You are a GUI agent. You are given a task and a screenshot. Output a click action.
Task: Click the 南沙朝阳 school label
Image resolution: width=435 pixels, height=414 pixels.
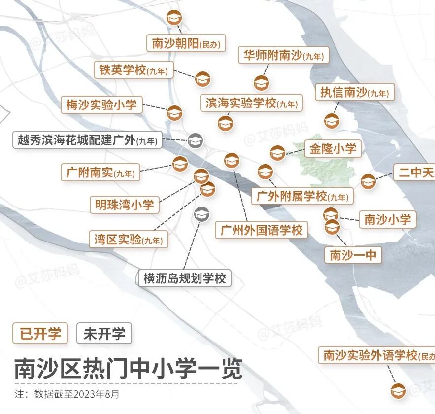[x=186, y=44]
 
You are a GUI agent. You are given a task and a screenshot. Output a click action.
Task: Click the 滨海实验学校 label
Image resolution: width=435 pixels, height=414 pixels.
[x=252, y=103]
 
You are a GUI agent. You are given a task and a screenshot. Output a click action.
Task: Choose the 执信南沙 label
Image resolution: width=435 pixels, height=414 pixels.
[x=355, y=92]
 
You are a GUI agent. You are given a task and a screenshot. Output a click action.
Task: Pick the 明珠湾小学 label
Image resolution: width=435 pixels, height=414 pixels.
[x=124, y=204]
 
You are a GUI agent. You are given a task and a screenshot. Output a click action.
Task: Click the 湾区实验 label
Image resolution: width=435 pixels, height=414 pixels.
[x=129, y=240]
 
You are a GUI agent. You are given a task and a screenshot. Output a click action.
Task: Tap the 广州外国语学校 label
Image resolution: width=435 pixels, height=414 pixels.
[x=261, y=230]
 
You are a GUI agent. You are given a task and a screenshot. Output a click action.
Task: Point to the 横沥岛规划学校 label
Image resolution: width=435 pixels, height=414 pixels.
[x=184, y=278]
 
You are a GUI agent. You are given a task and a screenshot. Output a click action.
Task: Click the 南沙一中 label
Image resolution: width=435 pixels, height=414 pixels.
[x=353, y=254]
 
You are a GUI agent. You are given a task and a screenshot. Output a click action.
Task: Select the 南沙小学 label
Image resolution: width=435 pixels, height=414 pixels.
[x=387, y=219]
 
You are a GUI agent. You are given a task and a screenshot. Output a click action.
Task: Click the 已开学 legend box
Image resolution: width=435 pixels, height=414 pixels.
[x=40, y=334]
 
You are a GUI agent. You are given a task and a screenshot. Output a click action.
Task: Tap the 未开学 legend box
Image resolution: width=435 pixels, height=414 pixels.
[x=104, y=334]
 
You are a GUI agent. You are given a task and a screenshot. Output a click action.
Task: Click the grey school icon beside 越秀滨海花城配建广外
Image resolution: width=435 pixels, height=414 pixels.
[x=195, y=140]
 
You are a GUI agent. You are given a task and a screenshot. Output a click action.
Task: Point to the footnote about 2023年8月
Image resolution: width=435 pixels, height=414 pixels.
[x=67, y=394]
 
